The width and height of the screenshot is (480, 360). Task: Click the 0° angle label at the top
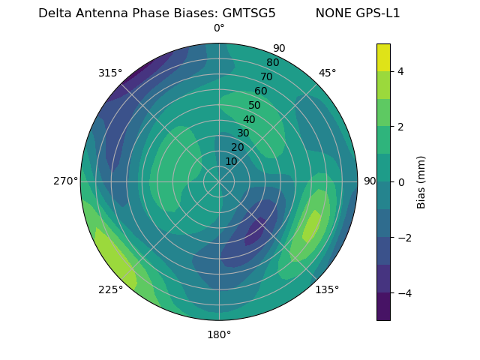click(x=219, y=28)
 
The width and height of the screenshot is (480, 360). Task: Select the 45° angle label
click(x=327, y=73)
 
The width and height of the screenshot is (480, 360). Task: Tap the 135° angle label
click(x=327, y=289)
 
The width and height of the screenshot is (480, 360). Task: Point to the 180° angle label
click(x=219, y=334)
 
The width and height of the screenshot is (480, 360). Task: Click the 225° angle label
click(x=110, y=289)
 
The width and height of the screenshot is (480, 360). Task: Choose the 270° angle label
click(x=65, y=181)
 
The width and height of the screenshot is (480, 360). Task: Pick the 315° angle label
click(x=110, y=73)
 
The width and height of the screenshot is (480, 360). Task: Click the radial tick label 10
click(x=231, y=161)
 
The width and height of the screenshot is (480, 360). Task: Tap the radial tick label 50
click(x=254, y=106)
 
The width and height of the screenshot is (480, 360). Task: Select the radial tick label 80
click(x=272, y=62)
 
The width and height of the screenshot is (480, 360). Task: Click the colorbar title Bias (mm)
click(x=421, y=182)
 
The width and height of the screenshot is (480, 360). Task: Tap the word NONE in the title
click(x=332, y=13)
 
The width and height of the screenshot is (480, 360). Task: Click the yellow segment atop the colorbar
click(x=383, y=57)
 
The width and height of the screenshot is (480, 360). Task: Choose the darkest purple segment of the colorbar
click(x=383, y=307)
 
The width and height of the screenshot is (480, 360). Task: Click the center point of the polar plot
click(x=219, y=181)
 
